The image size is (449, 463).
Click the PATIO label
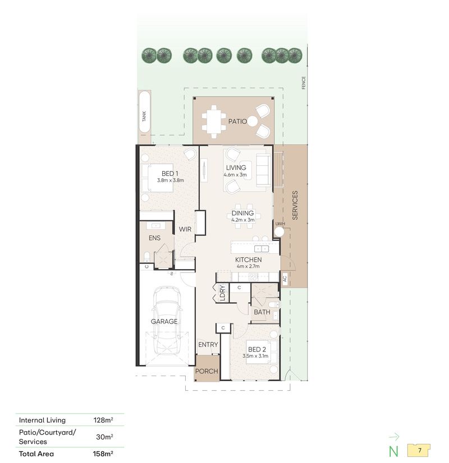[237, 122]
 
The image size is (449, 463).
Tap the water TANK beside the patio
[145, 112]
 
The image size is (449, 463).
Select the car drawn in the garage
[167, 321]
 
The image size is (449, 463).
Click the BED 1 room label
[170, 174]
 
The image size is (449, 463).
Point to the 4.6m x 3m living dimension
[235, 175]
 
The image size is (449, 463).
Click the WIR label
[185, 229]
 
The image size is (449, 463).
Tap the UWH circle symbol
[279, 232]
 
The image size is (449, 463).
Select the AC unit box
[285, 279]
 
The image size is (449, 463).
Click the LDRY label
[223, 293]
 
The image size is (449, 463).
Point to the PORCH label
[207, 371]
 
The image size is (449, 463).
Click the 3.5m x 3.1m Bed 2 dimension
[255, 356]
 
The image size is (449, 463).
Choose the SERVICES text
[295, 205]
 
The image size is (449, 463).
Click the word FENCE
[304, 83]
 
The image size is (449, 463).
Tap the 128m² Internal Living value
[103, 420]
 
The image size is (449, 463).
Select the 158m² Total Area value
[103, 453]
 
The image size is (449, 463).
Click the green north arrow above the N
[394, 437]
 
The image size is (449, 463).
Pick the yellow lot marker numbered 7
[419, 450]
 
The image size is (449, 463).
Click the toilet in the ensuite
[147, 256]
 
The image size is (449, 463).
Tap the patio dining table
[214, 122]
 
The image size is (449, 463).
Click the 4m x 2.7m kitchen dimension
[248, 266]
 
